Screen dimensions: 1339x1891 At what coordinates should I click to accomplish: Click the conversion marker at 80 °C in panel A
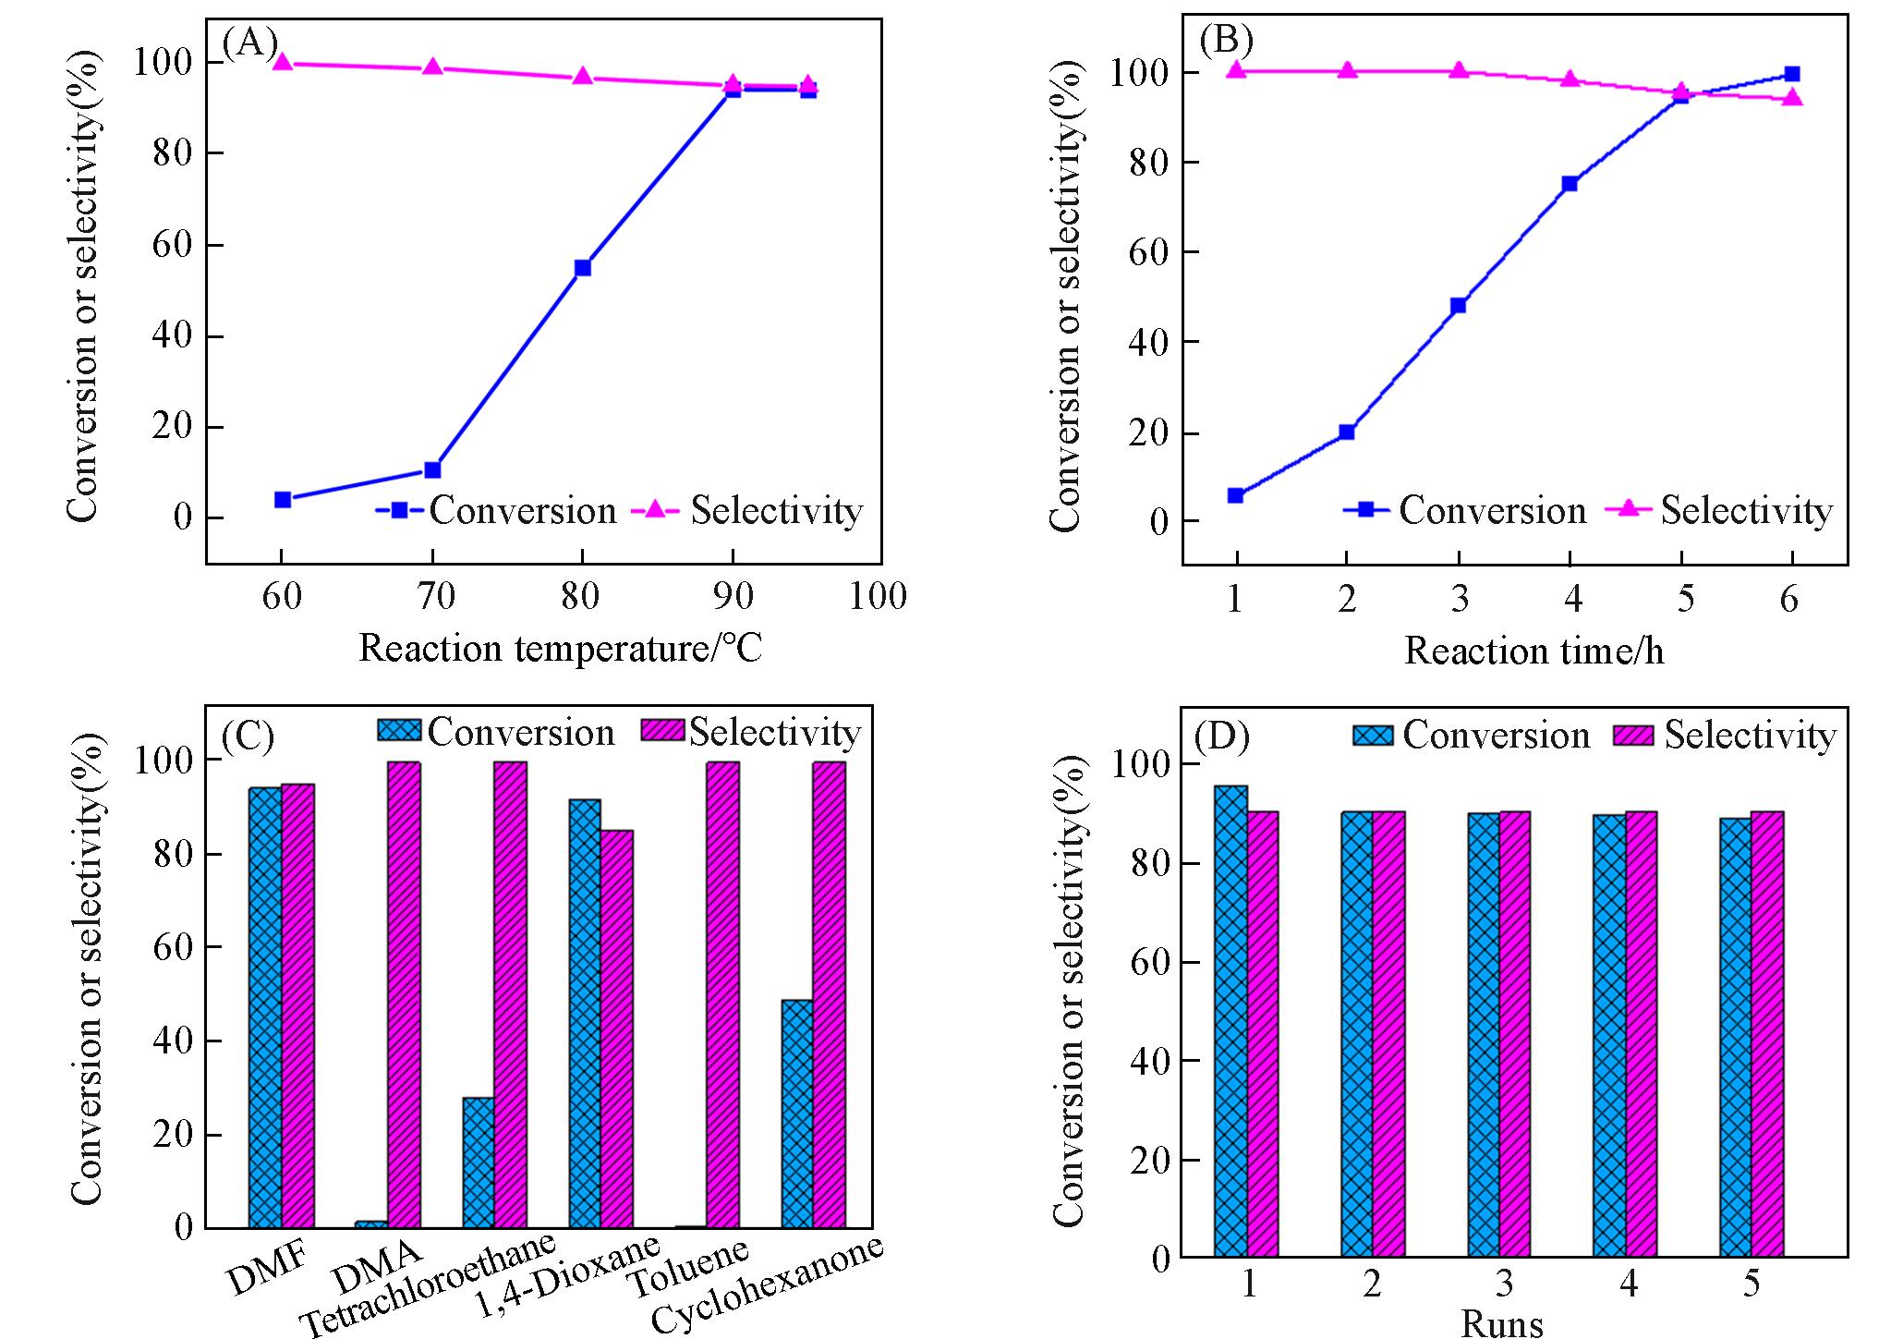(582, 268)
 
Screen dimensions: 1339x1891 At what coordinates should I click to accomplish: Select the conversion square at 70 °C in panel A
(432, 469)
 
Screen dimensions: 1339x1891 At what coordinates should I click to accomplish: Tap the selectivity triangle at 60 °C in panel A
(283, 62)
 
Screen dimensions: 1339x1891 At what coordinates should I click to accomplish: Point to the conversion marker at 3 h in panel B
(1459, 305)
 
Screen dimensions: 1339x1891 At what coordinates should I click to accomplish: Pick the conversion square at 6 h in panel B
(1792, 74)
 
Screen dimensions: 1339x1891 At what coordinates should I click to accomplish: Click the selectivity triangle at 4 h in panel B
(1570, 79)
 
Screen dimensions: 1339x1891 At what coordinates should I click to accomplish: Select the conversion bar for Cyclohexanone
(797, 1114)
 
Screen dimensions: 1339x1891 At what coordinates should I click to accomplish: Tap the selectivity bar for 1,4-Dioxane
(617, 1029)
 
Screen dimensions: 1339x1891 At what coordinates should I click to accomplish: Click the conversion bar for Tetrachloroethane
(478, 1162)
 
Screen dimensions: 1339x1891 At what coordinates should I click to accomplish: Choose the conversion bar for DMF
(265, 1007)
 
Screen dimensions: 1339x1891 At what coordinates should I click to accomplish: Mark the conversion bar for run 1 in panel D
(1231, 1021)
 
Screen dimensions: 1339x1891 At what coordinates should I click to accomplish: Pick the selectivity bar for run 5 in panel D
(1767, 1034)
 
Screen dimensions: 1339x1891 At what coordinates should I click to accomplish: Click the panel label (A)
(249, 42)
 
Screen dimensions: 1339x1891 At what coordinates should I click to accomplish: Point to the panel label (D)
(1221, 736)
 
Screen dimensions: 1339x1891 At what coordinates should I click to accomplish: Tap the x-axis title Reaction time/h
(1533, 651)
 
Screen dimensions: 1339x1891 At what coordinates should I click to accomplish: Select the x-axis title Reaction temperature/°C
(560, 649)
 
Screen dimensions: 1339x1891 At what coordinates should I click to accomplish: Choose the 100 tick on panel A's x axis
(879, 597)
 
